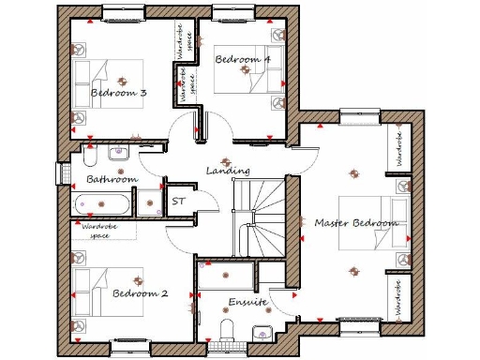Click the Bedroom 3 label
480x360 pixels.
pyautogui.click(x=118, y=93)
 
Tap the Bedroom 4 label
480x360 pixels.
pyautogui.click(x=243, y=59)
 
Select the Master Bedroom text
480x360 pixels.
pyautogui.click(x=355, y=223)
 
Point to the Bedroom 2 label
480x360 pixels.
pyautogui.click(x=140, y=293)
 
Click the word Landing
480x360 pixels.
pyautogui.click(x=228, y=171)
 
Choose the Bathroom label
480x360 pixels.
pyautogui.click(x=112, y=178)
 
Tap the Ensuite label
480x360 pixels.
pyautogui.click(x=247, y=302)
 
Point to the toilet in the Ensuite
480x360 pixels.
pyautogui.click(x=226, y=328)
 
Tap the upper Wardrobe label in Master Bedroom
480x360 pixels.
pyautogui.click(x=397, y=149)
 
